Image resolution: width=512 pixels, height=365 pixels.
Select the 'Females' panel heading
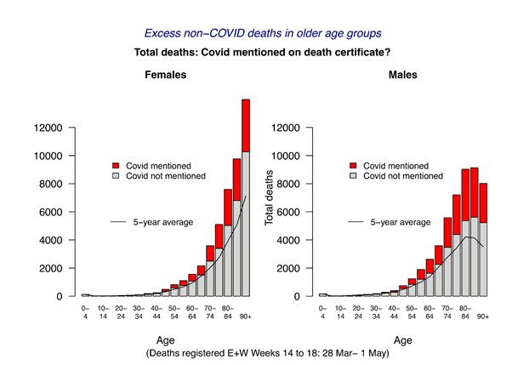(163, 75)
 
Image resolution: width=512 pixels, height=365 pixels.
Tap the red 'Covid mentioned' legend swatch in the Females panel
(117, 165)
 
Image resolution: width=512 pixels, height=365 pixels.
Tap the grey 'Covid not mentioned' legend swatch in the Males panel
(355, 176)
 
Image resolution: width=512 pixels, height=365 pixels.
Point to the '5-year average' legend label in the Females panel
(162, 222)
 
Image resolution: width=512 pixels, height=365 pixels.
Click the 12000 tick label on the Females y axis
(49, 128)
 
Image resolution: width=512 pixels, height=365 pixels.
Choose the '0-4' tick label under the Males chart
(323, 312)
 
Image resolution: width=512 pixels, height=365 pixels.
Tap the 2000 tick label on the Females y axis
(52, 268)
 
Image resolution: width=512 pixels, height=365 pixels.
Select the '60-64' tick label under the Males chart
(430, 312)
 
